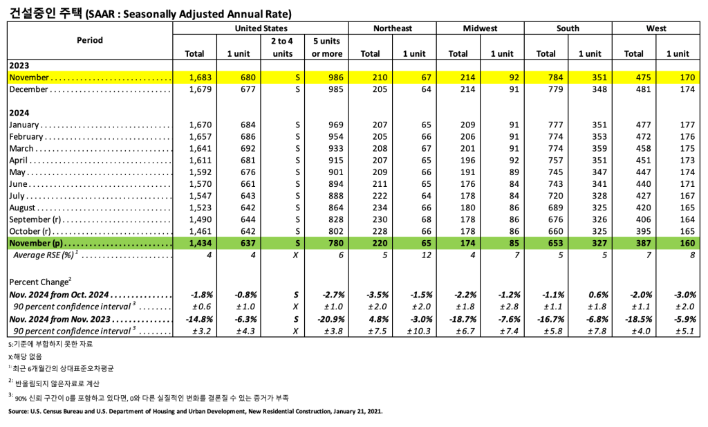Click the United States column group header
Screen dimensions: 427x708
(x=261, y=28)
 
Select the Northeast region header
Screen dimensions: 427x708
(x=392, y=28)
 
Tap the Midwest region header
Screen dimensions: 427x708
(x=480, y=28)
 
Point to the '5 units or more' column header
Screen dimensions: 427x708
(x=327, y=47)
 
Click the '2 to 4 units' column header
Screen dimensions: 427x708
(x=282, y=47)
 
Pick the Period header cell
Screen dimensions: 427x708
(x=90, y=40)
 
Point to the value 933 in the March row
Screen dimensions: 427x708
(x=333, y=148)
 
